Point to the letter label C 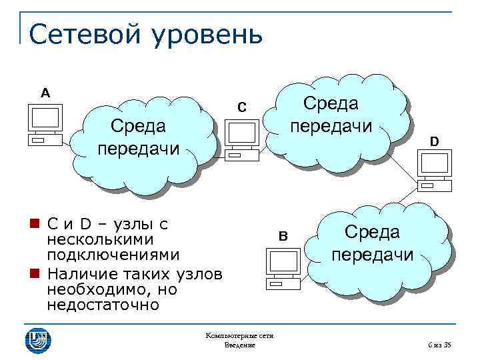pos(242,107)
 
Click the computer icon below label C pos(242,140)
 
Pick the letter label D pos(434,142)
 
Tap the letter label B pos(283,235)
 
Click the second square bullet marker pos(33,274)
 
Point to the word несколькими pos(100,239)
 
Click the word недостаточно pos(103,306)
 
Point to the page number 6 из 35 pos(439,345)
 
